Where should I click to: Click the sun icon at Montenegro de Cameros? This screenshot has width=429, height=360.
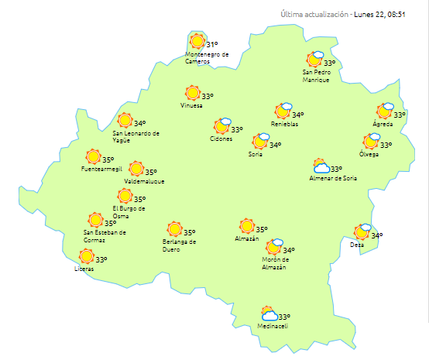point(197,41)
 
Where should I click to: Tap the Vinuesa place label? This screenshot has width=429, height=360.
point(191,105)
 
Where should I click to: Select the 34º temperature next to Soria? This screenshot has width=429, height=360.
point(275,145)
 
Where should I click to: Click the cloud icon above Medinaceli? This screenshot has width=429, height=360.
point(269,314)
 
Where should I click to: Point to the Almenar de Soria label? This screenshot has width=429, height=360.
point(333,179)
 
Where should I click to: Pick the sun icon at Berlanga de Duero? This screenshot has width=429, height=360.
point(174,229)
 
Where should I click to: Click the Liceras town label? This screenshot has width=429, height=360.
point(84,269)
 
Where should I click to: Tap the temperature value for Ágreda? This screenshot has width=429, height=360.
point(400,115)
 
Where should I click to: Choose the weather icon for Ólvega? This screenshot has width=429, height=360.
point(371,142)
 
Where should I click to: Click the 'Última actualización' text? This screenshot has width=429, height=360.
point(315,15)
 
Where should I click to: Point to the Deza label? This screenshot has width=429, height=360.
point(356,245)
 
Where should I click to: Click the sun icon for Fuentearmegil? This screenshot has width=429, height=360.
point(94,156)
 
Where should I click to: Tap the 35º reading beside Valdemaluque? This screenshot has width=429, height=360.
point(151,172)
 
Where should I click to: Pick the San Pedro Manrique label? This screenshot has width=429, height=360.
point(316,76)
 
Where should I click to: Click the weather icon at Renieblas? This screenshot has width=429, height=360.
point(283,111)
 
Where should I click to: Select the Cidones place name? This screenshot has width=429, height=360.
point(221,139)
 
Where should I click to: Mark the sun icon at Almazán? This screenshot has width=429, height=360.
point(247,226)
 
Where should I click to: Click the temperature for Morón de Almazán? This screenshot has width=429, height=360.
point(288,250)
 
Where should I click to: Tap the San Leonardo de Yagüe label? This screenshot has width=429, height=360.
point(136,136)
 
